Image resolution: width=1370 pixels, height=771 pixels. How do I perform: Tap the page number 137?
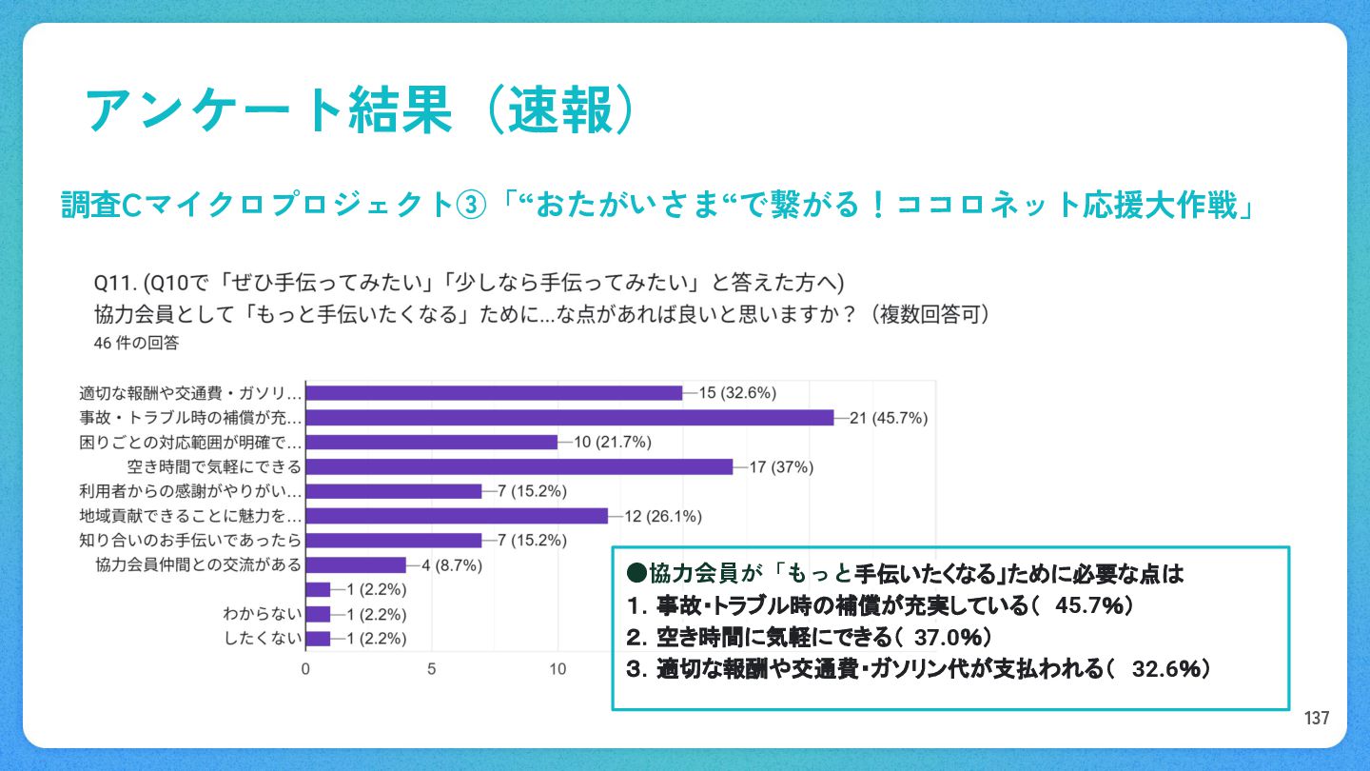[1317, 719]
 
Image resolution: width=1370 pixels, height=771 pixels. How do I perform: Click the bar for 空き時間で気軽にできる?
[519, 466]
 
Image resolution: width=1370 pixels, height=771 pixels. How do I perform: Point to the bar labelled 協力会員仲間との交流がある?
[356, 565]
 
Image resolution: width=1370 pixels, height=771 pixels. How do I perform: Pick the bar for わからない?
[318, 614]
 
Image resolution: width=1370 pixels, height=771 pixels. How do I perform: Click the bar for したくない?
[318, 639]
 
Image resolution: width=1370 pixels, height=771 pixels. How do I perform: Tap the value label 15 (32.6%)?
[738, 393]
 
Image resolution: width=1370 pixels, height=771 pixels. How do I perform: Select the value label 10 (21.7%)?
[613, 443]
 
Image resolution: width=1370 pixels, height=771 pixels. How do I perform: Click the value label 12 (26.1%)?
[663, 517]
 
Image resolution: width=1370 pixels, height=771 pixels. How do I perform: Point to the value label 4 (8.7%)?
[452, 565]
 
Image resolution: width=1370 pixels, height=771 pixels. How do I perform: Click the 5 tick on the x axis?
[432, 669]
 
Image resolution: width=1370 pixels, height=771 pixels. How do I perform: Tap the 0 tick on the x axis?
[305, 669]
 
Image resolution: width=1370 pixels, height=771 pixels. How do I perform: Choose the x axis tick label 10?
[558, 669]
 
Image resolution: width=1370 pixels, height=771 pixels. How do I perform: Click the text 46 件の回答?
[136, 343]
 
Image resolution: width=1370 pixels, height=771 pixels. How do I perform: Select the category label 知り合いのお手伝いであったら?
[190, 541]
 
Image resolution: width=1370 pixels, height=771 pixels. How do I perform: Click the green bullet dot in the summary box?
[636, 574]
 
